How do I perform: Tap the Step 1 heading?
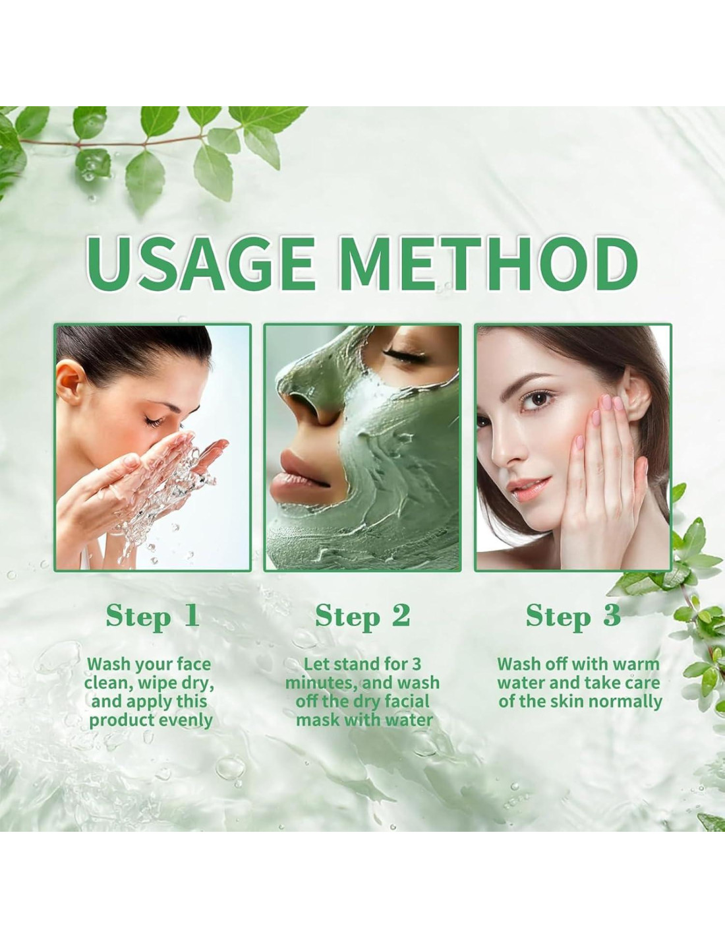point(153,616)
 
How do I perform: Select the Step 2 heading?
point(362,616)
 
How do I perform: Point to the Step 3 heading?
point(573,616)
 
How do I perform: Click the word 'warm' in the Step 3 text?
point(637,664)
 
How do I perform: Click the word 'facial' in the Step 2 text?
point(406,702)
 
